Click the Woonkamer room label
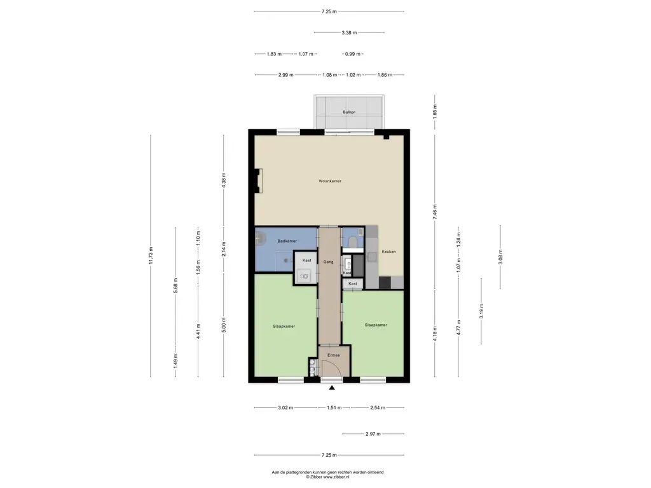[x=330, y=181]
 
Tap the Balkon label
[x=349, y=112]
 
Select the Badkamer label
[x=287, y=241]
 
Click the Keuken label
[x=388, y=252]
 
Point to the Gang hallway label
[x=329, y=262]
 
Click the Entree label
[x=334, y=355]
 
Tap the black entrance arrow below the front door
[x=332, y=388]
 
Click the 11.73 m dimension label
[x=151, y=255]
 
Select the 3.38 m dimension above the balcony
[x=349, y=32]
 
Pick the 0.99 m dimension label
[x=353, y=54]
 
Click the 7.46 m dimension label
[x=435, y=212]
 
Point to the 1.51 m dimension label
[x=334, y=407]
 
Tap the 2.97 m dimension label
[x=373, y=433]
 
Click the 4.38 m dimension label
[x=224, y=180]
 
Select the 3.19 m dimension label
[x=482, y=311]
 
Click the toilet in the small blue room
[x=353, y=241]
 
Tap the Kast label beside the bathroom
[x=307, y=261]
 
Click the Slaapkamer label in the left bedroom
[x=284, y=326]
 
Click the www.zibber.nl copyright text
[x=327, y=477]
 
